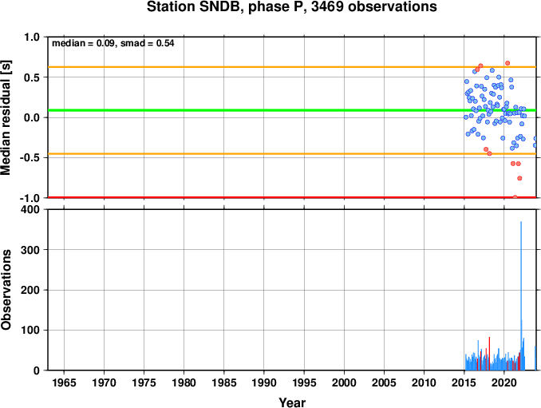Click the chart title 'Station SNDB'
tap(193, 6)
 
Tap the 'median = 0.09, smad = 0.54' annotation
tap(113, 43)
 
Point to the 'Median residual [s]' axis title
tap(6, 117)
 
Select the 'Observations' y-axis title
tap(6, 290)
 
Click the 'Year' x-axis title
tap(292, 402)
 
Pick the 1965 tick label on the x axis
tap(64, 382)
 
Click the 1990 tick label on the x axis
tap(264, 382)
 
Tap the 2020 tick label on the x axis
tap(504, 382)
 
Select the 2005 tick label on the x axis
tap(384, 382)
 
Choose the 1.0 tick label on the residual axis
tap(32, 37)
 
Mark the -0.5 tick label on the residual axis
tap(30, 158)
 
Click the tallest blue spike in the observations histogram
tap(521, 295)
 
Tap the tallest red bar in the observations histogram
tap(489, 354)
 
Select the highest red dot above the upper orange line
tap(507, 63)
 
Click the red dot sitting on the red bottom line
tap(515, 197)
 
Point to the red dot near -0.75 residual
tap(519, 178)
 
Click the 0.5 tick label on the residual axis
tap(32, 77)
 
